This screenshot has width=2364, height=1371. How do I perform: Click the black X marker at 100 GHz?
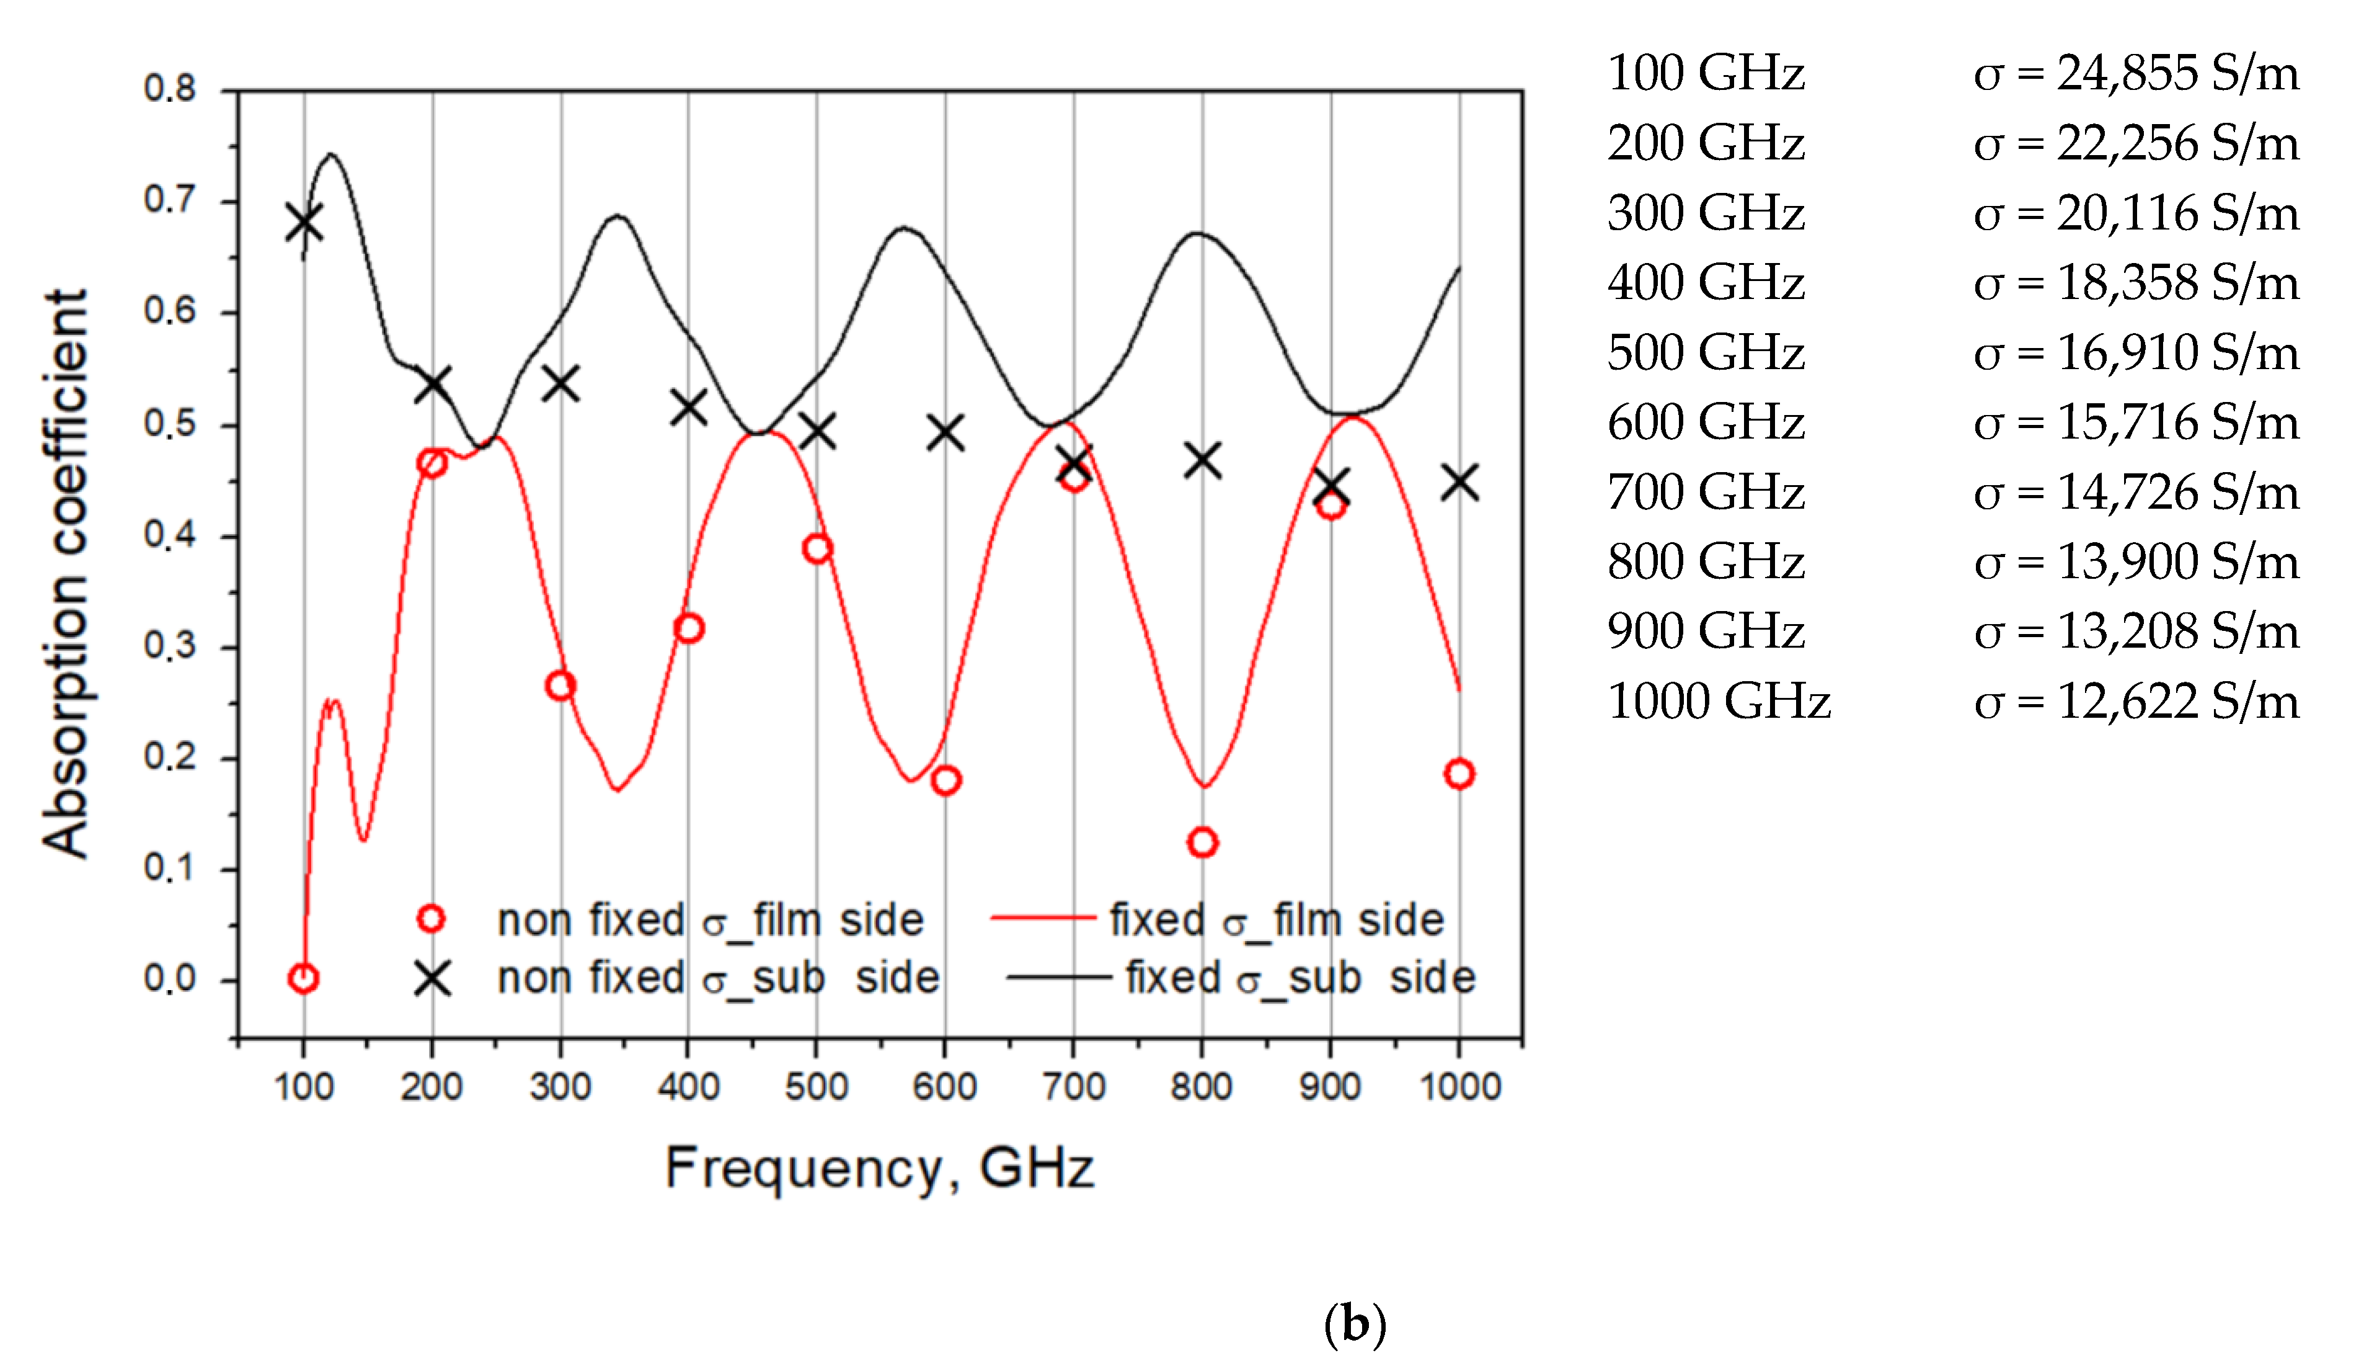(x=304, y=223)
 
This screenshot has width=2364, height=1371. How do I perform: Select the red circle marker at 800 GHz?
(x=1202, y=842)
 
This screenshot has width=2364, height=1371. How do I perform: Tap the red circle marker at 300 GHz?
(x=560, y=685)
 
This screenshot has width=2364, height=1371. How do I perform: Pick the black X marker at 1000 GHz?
(x=1459, y=483)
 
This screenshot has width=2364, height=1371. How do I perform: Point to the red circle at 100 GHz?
(x=303, y=978)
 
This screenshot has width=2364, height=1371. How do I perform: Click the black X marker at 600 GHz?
(x=945, y=432)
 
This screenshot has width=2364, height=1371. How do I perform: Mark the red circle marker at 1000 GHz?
(x=1459, y=773)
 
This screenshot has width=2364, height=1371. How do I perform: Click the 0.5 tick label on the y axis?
(x=170, y=424)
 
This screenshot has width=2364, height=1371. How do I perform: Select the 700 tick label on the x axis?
(x=1073, y=1087)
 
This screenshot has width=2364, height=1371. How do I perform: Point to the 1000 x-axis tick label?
(x=1459, y=1087)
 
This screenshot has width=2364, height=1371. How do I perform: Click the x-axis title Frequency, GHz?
(x=879, y=1168)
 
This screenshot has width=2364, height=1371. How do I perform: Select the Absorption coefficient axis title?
(x=66, y=573)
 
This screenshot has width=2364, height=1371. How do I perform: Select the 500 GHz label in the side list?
(x=1706, y=353)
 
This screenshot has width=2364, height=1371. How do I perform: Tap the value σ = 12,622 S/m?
(x=2136, y=701)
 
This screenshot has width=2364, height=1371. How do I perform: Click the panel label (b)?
(x=1353, y=1324)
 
